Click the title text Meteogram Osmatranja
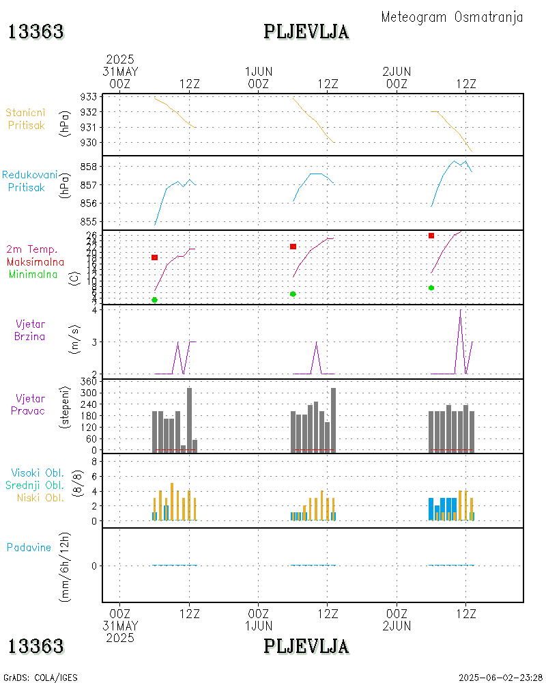coord(452,17)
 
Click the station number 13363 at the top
coord(36,31)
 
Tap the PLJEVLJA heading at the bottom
coord(306,645)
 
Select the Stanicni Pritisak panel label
coord(26,119)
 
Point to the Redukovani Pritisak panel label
coord(29,180)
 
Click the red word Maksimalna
coord(35,262)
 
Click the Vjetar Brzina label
coord(30,330)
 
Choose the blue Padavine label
coord(29,547)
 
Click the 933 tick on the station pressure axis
coord(88,96)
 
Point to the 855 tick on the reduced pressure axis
coord(88,221)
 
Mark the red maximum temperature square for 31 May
coord(155,257)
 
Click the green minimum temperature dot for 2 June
coord(431,288)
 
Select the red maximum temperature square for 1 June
coord(293,247)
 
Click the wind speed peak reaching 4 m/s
coord(460,310)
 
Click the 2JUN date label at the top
coord(397,71)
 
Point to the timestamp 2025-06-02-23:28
coord(500,678)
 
